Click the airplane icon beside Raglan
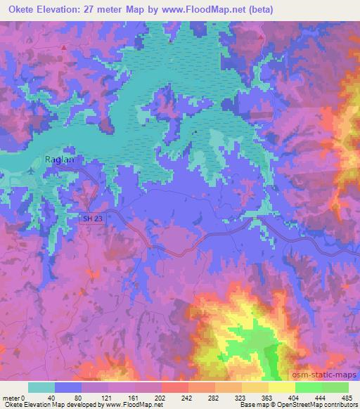pyautogui.click(x=34, y=169)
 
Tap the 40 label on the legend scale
pyautogui.click(x=42, y=397)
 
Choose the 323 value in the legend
pyautogui.click(x=228, y=397)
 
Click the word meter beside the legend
pyautogui.click(x=10, y=397)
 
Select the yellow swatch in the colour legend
pyautogui.click(x=281, y=387)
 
